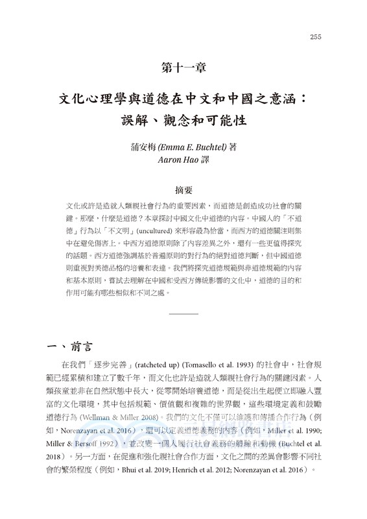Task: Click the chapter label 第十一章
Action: (x=183, y=66)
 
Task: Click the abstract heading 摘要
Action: (x=184, y=191)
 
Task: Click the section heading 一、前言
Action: (x=71, y=345)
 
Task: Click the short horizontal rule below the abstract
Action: (x=183, y=314)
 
